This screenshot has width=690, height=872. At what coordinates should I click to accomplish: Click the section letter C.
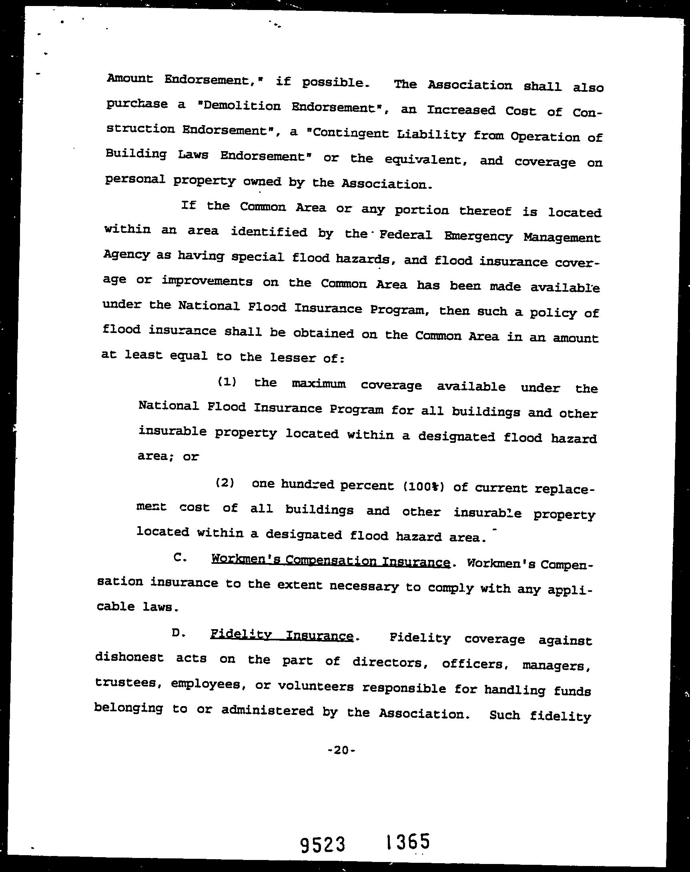click(x=179, y=557)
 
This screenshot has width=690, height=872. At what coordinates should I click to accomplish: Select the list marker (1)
click(x=227, y=381)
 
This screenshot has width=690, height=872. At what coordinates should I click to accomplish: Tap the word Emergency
click(x=478, y=236)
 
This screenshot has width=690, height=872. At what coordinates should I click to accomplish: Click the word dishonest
click(x=129, y=657)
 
